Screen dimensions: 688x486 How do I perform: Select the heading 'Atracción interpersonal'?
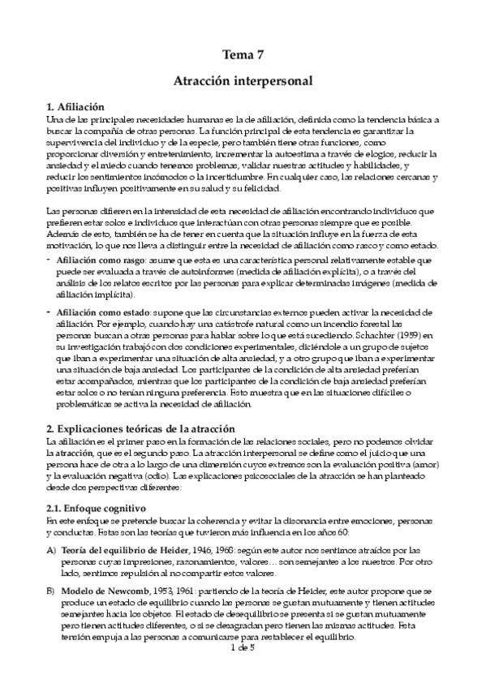click(243, 81)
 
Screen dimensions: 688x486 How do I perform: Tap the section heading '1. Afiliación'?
click(76, 106)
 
